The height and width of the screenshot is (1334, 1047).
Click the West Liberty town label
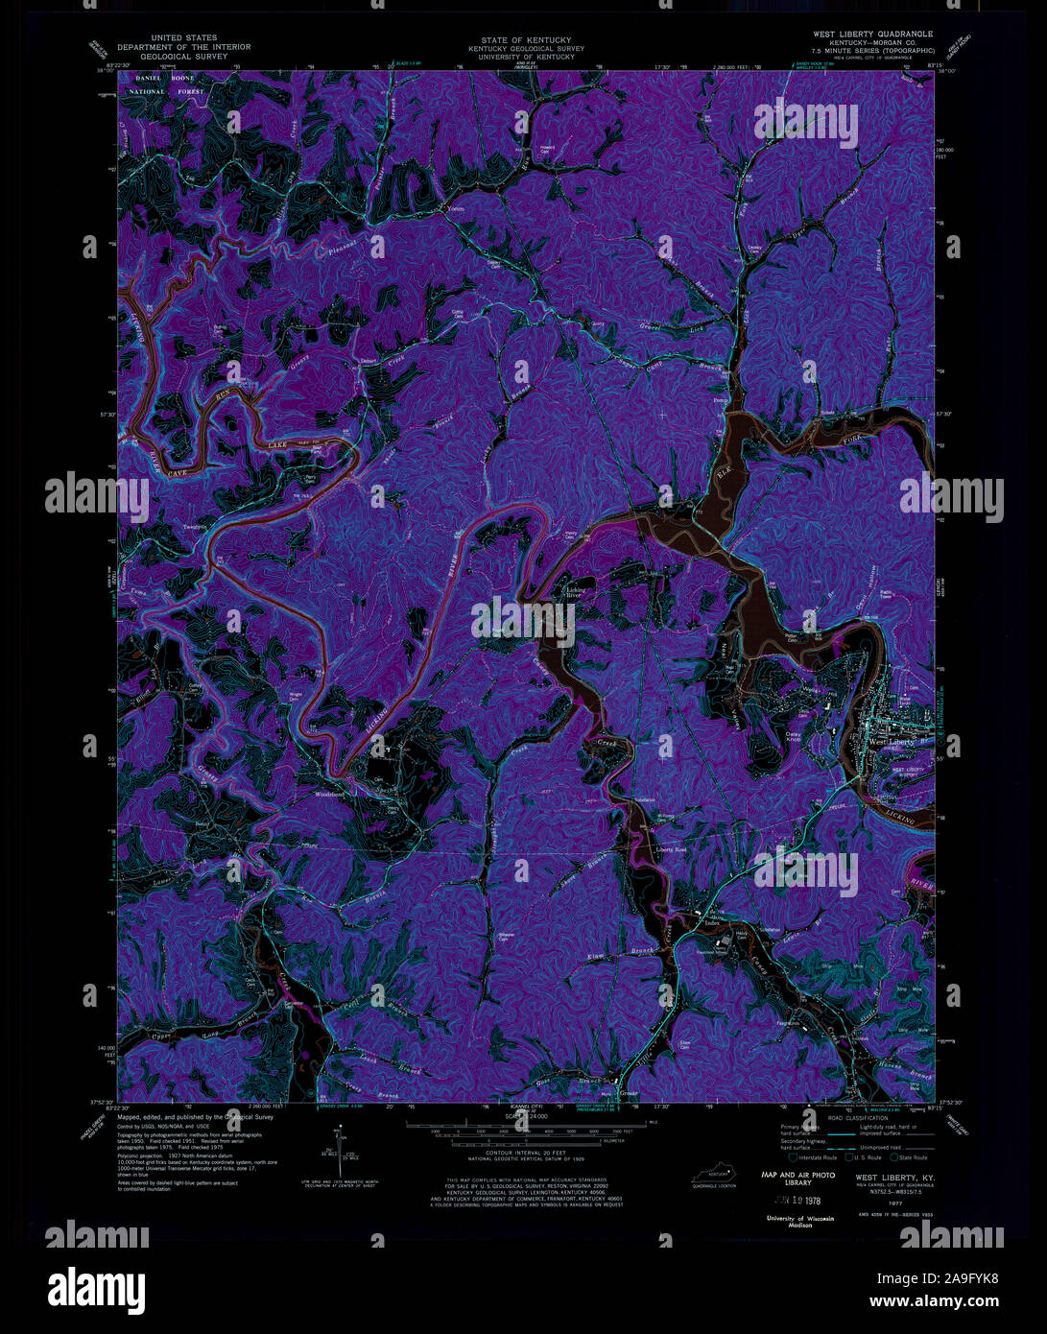pos(891,742)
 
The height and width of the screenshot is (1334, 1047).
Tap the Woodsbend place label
pos(329,796)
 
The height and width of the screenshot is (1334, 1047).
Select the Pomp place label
pos(721,399)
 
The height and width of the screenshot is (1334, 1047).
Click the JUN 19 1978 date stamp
pos(786,1201)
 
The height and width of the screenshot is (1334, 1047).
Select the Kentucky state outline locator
pos(711,1174)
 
